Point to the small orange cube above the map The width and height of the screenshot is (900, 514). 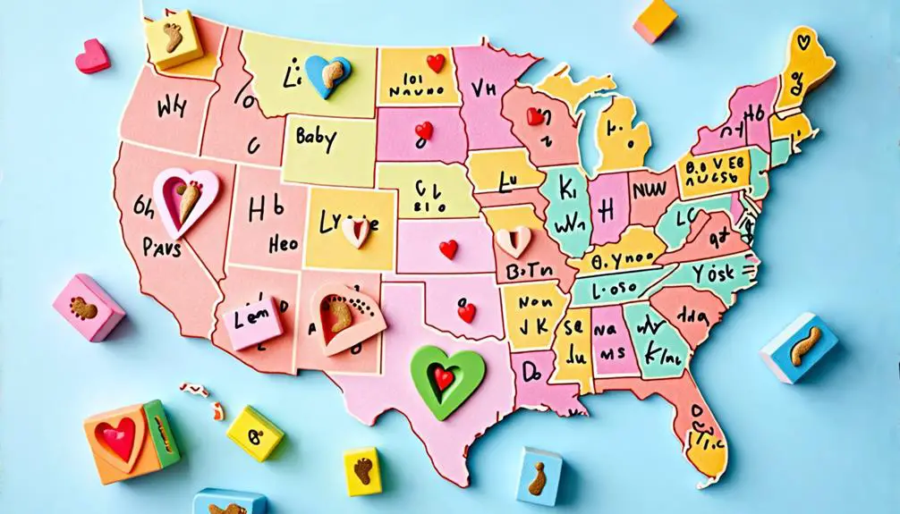[x=657, y=20]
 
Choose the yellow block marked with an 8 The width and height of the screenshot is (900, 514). [x=254, y=434]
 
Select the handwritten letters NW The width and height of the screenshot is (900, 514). [x=650, y=190]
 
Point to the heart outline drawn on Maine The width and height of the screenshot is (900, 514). [x=804, y=42]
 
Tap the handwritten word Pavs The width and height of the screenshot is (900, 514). [x=161, y=246]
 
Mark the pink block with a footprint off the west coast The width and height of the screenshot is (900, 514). [x=88, y=308]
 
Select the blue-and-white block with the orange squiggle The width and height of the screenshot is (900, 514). [x=801, y=347]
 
